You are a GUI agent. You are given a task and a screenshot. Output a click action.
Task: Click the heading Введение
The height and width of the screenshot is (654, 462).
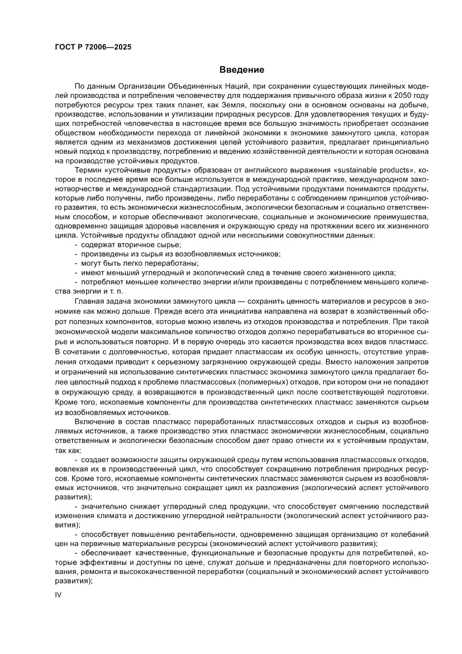(x=241, y=70)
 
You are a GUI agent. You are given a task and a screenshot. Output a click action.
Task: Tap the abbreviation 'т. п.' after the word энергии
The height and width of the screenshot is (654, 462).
(x=116, y=291)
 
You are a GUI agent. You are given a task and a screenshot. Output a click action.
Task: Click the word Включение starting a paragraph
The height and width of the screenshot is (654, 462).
(x=94, y=420)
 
